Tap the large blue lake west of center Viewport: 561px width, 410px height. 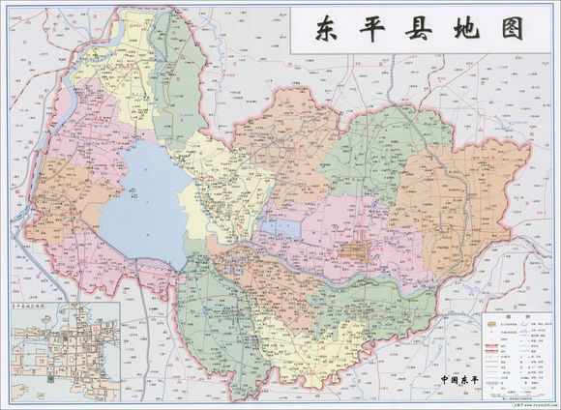pyautogui.click(x=145, y=203)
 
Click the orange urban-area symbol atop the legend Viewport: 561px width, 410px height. pyautogui.click(x=492, y=326)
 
